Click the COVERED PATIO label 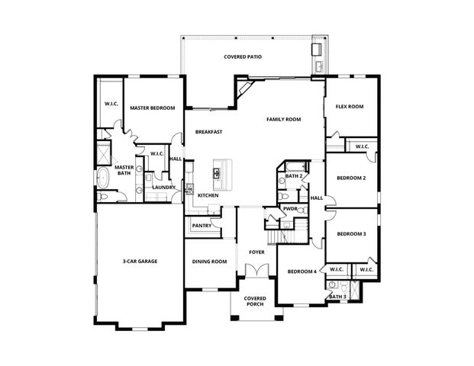244,57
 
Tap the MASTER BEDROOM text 152,108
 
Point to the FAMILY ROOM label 283,120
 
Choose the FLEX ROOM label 349,107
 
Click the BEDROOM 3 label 351,234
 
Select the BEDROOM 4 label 301,271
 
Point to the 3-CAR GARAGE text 140,262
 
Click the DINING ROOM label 209,262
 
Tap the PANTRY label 202,226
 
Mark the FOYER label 256,251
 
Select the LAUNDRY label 164,188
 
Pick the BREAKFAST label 208,132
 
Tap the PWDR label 290,208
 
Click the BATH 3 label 337,296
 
